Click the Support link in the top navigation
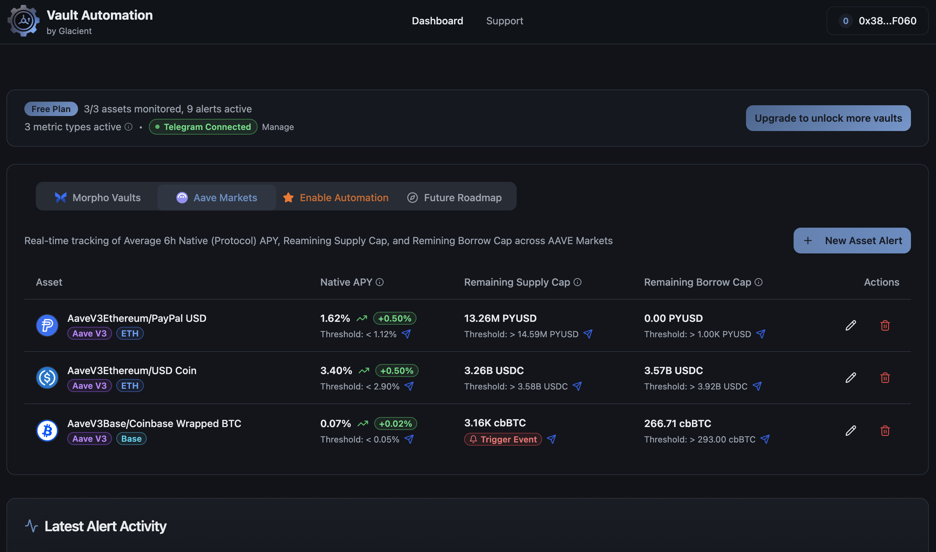pos(504,21)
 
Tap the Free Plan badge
pos(51,109)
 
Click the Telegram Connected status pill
pos(203,127)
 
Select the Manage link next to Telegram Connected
pos(278,127)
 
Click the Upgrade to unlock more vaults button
pos(828,118)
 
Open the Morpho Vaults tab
pos(98,198)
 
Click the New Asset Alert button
pos(852,241)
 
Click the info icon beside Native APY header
pos(380,282)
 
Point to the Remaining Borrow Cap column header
pos(697,282)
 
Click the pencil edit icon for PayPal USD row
pos(850,325)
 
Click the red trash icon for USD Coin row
pos(885,378)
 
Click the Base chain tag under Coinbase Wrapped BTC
pos(131,439)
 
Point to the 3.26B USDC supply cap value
pos(494,371)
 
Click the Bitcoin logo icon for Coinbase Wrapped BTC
pos(47,430)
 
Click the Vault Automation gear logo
pos(24,21)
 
